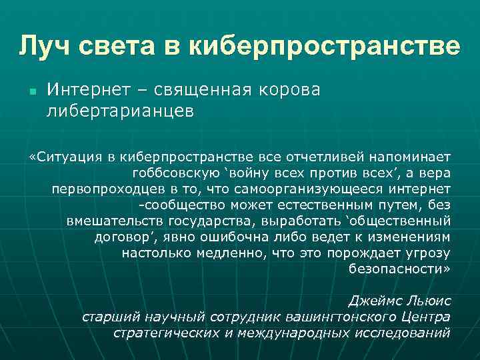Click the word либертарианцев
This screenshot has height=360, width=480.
[x=121, y=111]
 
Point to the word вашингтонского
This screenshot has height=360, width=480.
[x=337, y=317]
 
